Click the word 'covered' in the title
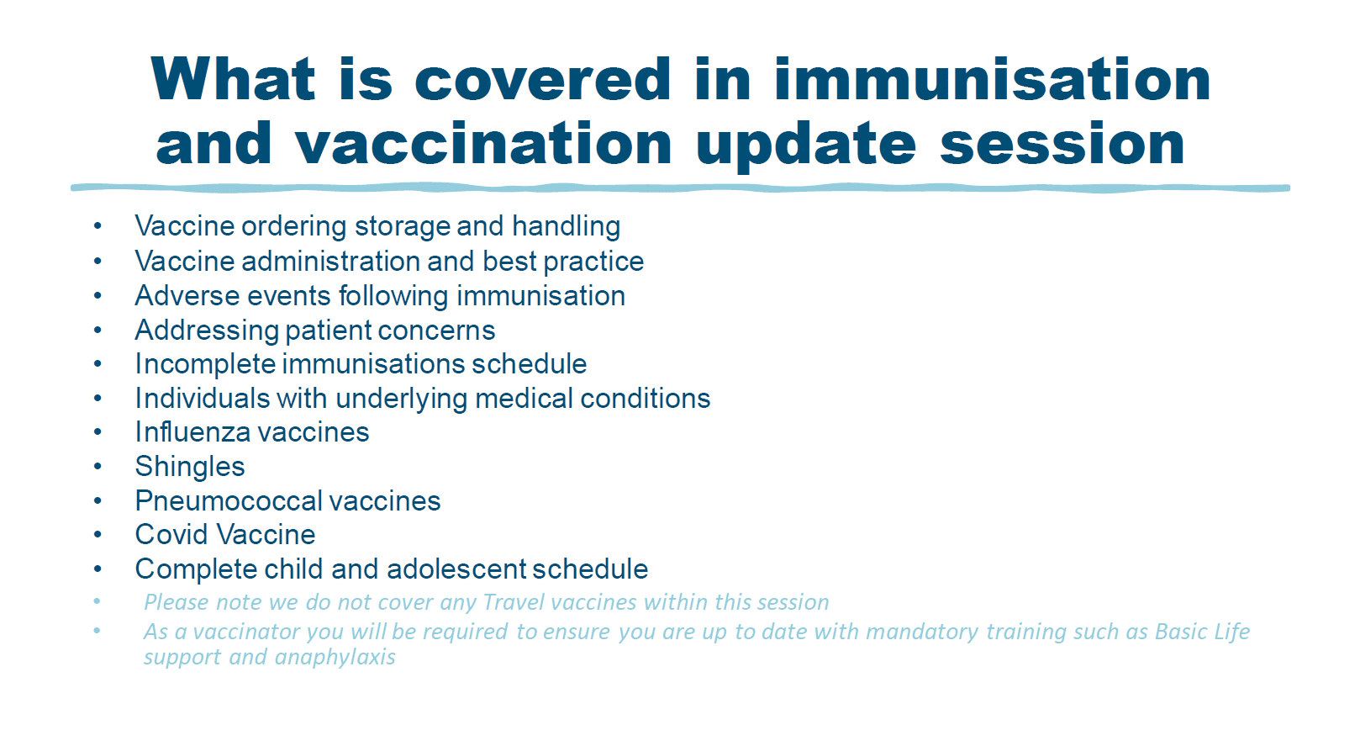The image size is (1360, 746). (543, 79)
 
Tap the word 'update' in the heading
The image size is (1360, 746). (806, 145)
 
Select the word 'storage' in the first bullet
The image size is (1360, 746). (401, 227)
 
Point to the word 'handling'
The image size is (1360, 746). (566, 226)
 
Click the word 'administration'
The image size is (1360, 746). (330, 262)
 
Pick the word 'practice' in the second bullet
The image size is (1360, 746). (593, 262)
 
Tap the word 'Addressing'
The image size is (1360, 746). (206, 331)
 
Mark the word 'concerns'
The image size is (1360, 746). (436, 331)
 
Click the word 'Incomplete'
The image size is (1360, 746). (205, 364)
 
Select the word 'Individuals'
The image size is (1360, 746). (203, 399)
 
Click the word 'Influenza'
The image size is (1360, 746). (192, 432)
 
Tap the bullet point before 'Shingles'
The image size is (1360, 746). (98, 467)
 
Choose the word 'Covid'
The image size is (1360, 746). (171, 535)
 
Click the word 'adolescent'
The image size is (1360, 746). (456, 569)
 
